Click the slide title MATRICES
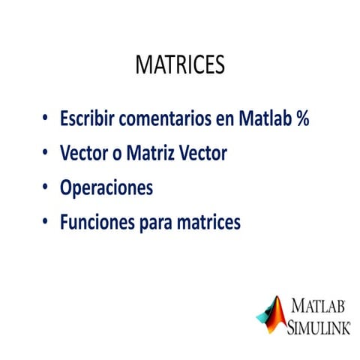(180, 64)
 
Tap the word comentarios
(165, 118)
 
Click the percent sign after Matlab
(303, 118)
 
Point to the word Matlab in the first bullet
(265, 118)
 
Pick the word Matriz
(150, 152)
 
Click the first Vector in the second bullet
(84, 152)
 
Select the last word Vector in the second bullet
(203, 152)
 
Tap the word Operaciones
(106, 188)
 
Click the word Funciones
(97, 222)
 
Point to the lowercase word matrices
(208, 222)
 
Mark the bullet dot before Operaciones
(45, 187)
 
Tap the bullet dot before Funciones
(45, 221)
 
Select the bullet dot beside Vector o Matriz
(45, 151)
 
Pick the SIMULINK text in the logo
(319, 327)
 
